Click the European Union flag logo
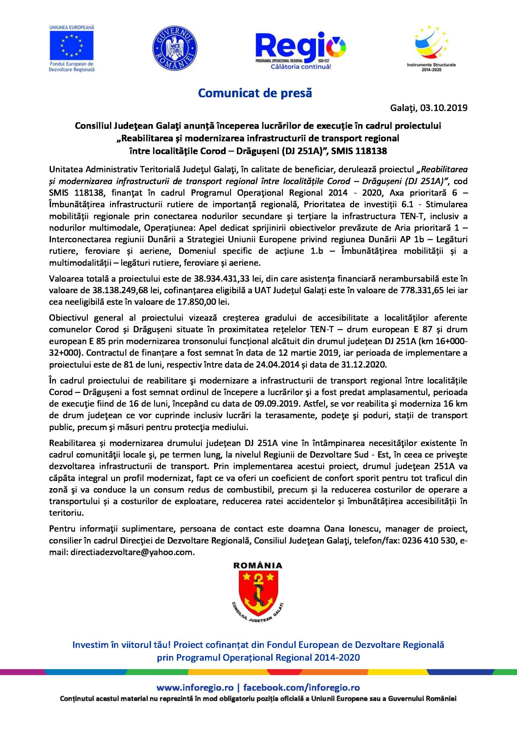[x=72, y=46]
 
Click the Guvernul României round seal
[x=175, y=48]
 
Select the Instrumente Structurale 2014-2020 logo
[x=431, y=48]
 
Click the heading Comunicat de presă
[x=255, y=93]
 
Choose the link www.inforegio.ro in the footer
[x=195, y=688]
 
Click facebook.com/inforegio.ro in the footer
[x=301, y=688]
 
